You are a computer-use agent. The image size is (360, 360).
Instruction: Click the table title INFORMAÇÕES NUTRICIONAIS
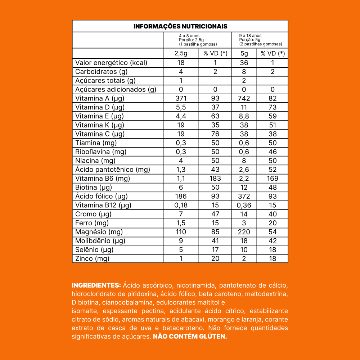coord(180,26)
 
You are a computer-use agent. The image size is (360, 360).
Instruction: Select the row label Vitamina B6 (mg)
coord(103,179)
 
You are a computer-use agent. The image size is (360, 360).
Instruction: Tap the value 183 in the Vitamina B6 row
coord(215,179)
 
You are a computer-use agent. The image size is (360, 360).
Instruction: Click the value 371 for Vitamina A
coord(181,99)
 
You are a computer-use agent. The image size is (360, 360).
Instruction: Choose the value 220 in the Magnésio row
coord(244,232)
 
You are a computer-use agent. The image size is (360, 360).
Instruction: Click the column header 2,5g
coord(181,54)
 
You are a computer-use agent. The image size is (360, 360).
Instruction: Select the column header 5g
coord(244,54)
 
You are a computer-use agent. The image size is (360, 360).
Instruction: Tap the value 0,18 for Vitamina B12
coord(181,206)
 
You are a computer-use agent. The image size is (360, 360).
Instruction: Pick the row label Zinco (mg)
coord(92,259)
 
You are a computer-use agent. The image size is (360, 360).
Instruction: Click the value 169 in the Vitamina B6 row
coord(273,179)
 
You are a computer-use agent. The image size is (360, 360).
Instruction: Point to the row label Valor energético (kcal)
coord(111,63)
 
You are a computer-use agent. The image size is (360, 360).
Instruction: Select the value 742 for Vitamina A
coord(244,99)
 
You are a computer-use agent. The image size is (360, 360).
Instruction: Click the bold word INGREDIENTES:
coord(96,285)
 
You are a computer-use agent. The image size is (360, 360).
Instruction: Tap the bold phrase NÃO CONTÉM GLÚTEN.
coord(190,337)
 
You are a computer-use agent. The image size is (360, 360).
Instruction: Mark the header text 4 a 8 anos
coord(189,36)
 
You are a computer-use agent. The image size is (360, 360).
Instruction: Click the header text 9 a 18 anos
coord(250,36)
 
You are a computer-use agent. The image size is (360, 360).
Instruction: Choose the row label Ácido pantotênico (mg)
coord(113,170)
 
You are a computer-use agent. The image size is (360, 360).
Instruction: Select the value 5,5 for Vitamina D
coord(181,107)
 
